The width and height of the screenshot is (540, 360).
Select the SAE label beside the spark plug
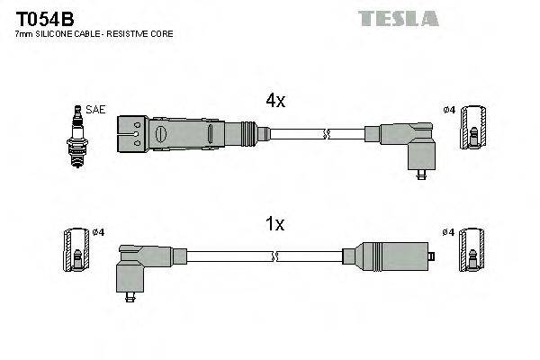(x=96, y=110)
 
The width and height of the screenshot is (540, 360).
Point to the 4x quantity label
(x=274, y=102)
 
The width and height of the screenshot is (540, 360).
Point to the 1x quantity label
(x=274, y=224)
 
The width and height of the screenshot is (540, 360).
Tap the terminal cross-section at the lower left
(x=76, y=249)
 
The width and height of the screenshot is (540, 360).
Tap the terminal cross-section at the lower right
(x=471, y=249)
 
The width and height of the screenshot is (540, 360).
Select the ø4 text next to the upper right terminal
(x=448, y=111)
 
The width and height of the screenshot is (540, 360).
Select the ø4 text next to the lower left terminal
(x=98, y=233)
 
